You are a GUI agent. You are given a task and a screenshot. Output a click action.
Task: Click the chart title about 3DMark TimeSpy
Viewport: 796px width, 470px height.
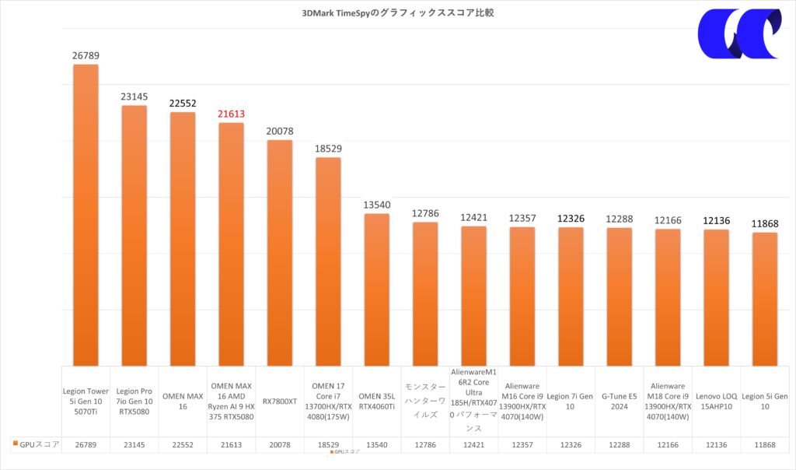397,12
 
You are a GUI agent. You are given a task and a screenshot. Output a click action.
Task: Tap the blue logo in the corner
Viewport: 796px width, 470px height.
738,36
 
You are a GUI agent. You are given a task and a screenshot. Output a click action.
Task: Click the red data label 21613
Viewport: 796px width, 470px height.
231,114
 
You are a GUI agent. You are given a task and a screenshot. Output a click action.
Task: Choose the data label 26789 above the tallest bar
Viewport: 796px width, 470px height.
86,55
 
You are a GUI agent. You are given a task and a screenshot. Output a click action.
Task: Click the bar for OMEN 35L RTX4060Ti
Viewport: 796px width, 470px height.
376,289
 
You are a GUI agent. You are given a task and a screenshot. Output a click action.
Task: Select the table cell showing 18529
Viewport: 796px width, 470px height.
327,444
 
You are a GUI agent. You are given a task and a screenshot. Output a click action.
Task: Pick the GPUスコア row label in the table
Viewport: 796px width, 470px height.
37,444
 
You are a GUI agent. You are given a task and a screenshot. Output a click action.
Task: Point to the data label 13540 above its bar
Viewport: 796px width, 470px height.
376,205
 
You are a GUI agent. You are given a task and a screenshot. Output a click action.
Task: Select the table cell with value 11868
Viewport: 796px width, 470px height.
764,444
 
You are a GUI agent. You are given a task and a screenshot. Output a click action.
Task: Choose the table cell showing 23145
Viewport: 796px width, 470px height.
134,444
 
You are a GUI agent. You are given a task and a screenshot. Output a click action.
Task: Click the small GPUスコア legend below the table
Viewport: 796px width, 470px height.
346,451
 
